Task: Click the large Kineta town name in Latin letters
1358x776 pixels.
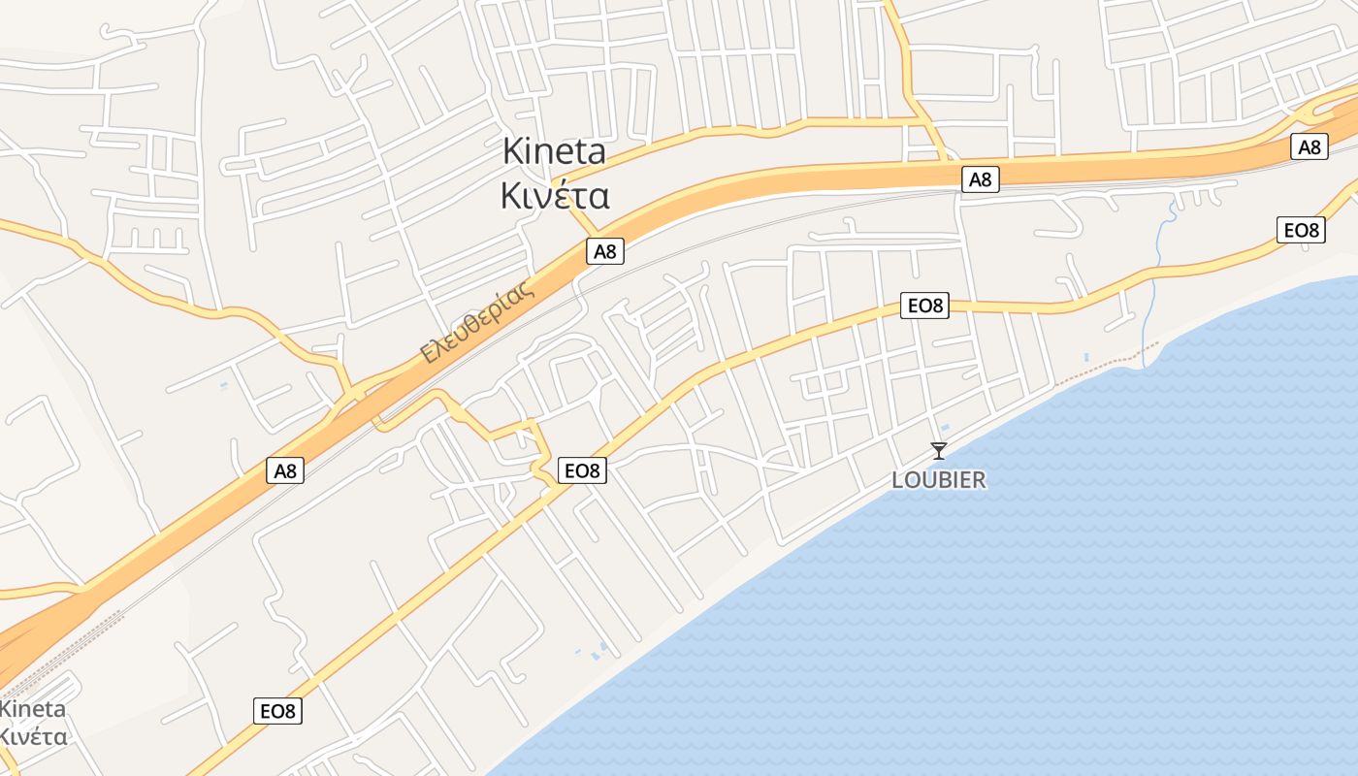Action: (554, 151)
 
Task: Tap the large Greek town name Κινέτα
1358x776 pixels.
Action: (554, 196)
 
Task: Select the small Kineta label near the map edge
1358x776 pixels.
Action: (33, 708)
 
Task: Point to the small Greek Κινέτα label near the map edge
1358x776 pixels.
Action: (33, 736)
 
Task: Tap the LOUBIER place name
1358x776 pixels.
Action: (938, 479)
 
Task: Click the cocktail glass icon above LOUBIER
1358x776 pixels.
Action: (938, 450)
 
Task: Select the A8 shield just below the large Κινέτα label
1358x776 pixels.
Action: (604, 252)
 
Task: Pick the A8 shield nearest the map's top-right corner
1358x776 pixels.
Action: (1309, 147)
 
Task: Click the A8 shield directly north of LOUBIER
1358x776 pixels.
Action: (981, 178)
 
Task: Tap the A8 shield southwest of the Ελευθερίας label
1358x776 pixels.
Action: (284, 471)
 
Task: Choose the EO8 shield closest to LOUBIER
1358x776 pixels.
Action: (924, 306)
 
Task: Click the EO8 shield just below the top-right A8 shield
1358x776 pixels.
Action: (1302, 230)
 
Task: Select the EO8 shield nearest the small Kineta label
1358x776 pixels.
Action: (277, 711)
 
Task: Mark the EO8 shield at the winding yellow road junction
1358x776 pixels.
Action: (583, 471)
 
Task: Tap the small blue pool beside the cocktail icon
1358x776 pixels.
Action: (946, 428)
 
